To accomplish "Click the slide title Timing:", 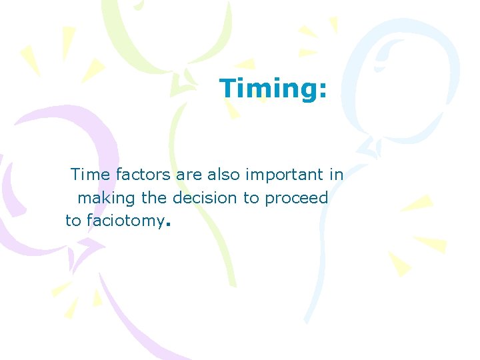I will point(273,88).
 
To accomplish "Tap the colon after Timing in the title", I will point(323,91).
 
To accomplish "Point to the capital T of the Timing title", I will point(229,88).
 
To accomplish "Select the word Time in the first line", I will point(91,175).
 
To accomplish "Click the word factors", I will point(143,175).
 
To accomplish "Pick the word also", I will point(224,175).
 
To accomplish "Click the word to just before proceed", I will point(251,199).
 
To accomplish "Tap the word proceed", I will point(297,199).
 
